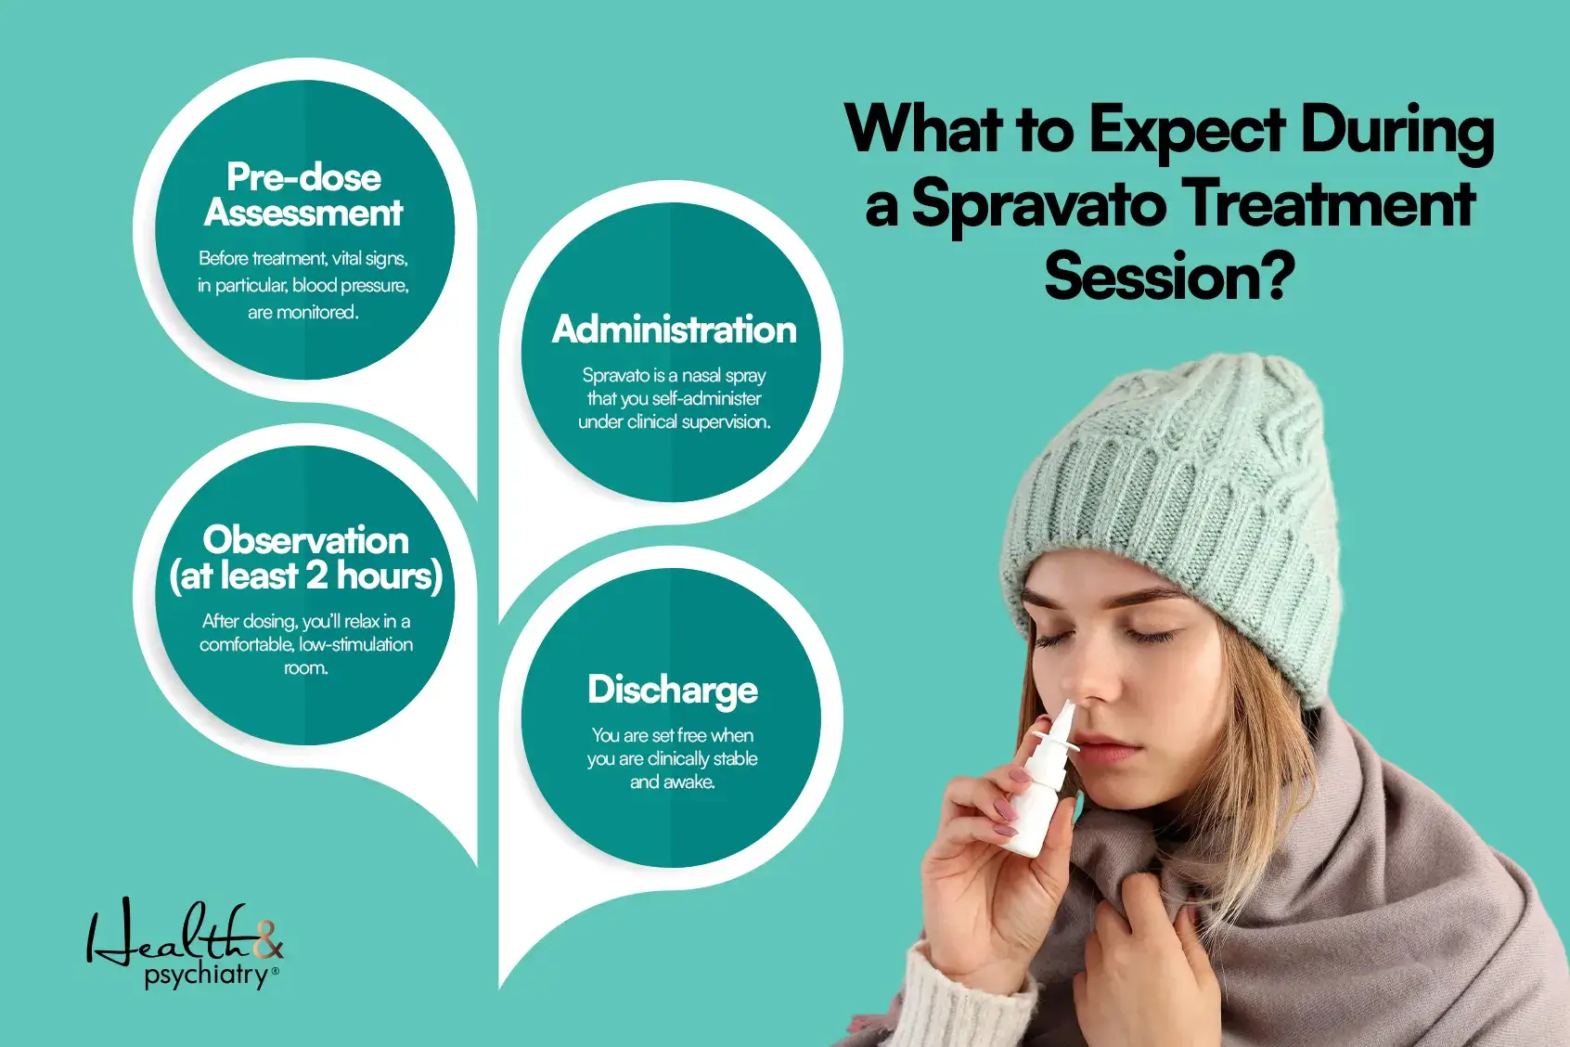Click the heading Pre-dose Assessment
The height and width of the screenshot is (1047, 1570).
click(x=303, y=195)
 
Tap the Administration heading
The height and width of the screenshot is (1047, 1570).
click(x=674, y=330)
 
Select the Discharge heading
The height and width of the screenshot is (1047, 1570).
click(x=673, y=690)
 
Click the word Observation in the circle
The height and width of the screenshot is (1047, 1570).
click(x=305, y=540)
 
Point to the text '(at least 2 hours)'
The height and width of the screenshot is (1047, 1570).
click(x=305, y=576)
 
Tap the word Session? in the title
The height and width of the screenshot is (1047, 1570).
click(x=1168, y=278)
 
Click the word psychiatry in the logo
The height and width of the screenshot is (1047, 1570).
click(x=205, y=976)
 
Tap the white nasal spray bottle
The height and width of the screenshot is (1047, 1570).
click(x=1041, y=789)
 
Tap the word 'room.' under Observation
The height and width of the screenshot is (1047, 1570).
click(x=305, y=668)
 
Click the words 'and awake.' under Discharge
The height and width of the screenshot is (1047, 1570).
click(x=672, y=782)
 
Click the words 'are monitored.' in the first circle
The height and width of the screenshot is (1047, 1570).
click(x=302, y=313)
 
